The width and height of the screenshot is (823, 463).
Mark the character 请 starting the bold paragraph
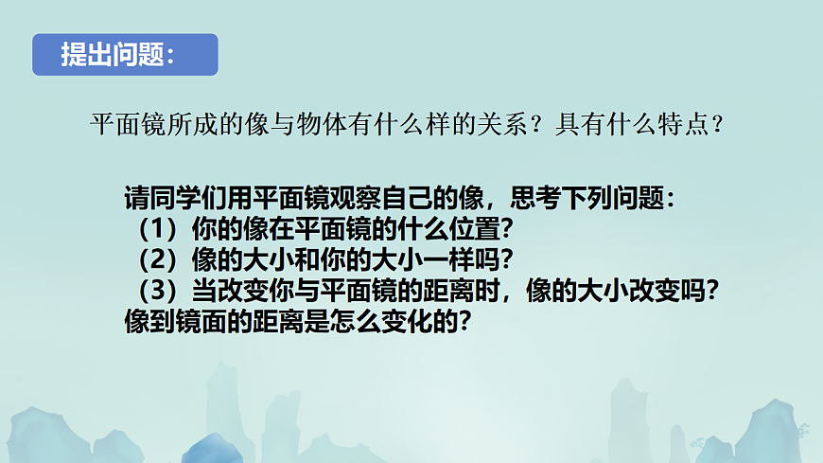coord(136,200)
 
